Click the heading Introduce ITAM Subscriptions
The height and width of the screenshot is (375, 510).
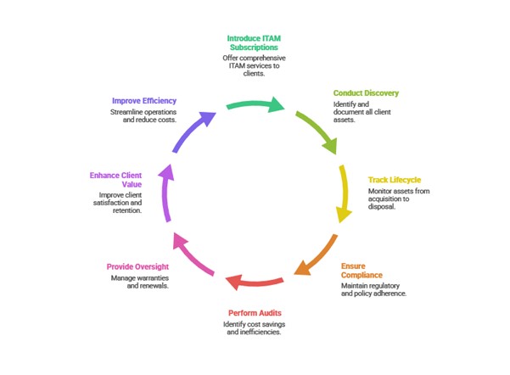pos(255,42)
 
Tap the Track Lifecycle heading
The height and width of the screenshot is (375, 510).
pos(394,180)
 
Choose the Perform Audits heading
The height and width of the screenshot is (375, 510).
pos(255,313)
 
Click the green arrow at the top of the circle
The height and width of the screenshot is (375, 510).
pos(255,106)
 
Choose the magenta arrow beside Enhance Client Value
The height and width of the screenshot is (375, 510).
pos(168,193)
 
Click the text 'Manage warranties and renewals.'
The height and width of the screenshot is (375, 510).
pos(141,283)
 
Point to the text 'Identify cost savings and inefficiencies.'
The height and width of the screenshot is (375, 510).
pos(255,329)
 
